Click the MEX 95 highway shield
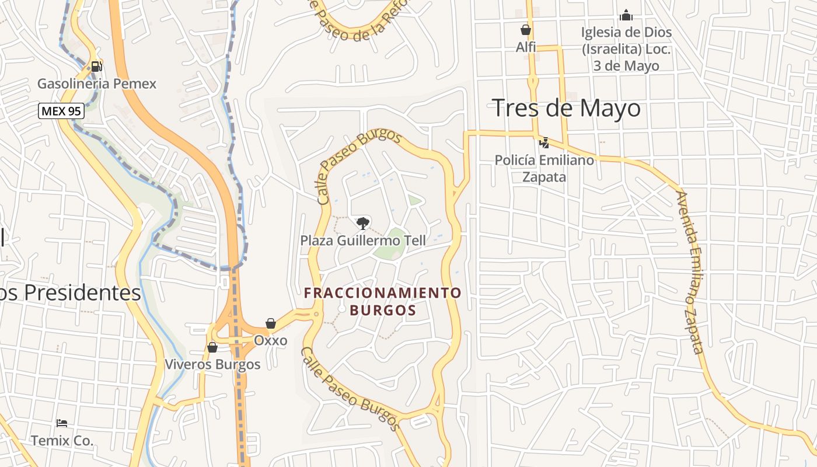(x=61, y=110)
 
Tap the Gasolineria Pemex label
(x=97, y=83)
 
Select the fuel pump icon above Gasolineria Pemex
(x=97, y=67)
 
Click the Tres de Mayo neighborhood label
(x=566, y=109)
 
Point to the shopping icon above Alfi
(x=526, y=30)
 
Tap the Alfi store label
(x=526, y=47)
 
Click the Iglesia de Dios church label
(x=626, y=48)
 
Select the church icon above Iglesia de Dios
(x=626, y=15)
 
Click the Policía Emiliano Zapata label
(x=544, y=168)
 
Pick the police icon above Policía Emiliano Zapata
(x=544, y=142)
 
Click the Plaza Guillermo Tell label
(x=363, y=240)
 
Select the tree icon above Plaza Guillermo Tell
(x=363, y=223)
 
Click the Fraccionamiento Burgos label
(x=383, y=301)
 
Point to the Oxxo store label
(x=270, y=340)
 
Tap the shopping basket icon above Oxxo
(x=271, y=323)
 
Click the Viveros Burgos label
(x=212, y=364)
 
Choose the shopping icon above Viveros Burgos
(x=212, y=347)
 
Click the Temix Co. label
(x=62, y=440)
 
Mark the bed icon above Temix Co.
(x=62, y=423)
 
